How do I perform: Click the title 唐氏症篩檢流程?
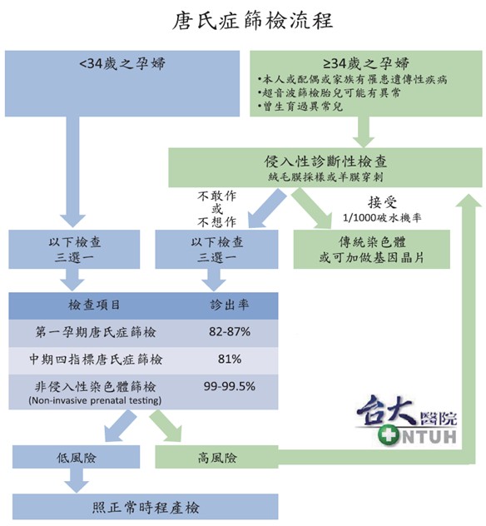tap(252, 21)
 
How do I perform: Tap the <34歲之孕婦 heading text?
tap(122, 63)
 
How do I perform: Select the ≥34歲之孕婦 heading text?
tap(366, 63)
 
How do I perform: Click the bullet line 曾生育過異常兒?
tap(300, 107)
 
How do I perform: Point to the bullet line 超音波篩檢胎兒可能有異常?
tap(329, 92)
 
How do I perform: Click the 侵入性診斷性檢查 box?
tap(325, 167)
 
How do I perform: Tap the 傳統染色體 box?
tap(372, 249)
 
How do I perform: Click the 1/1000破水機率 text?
tap(382, 218)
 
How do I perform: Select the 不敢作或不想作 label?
tap(216, 209)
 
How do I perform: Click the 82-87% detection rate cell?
tap(230, 332)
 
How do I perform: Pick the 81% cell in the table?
tap(230, 359)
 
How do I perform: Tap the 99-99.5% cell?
tap(230, 386)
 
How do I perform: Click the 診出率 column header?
tap(230, 305)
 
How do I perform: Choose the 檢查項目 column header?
tap(94, 305)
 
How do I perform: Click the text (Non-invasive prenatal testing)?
tap(95, 400)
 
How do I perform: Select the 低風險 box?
tap(76, 457)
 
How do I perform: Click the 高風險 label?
tap(217, 458)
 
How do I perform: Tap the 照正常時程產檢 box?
tap(146, 507)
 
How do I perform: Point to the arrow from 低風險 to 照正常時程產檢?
tap(77, 480)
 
